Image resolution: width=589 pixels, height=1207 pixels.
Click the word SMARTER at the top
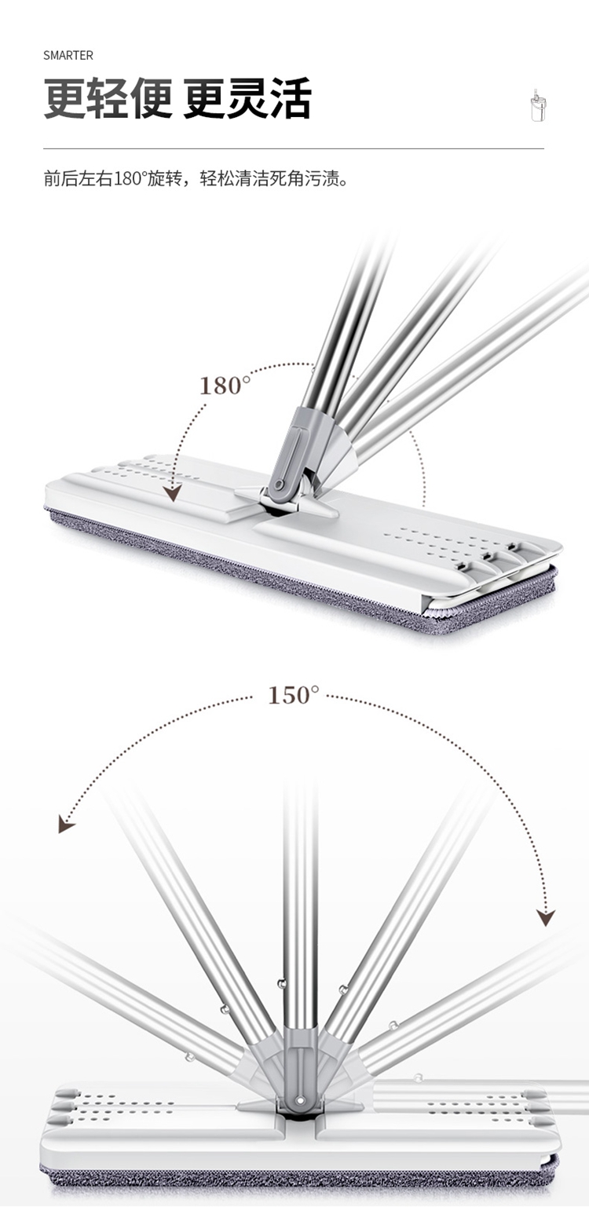click(68, 56)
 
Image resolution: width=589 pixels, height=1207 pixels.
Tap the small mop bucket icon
click(536, 104)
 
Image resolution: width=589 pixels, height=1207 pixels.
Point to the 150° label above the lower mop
click(294, 695)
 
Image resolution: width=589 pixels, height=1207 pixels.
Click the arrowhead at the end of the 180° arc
click(173, 492)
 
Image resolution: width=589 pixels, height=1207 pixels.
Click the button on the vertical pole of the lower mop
click(280, 984)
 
